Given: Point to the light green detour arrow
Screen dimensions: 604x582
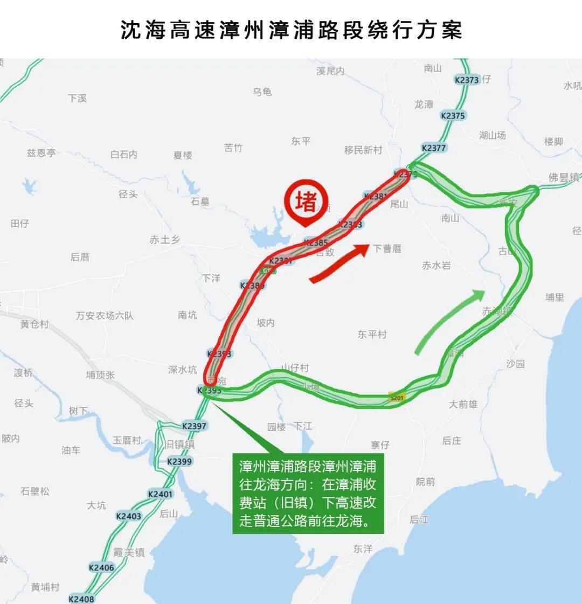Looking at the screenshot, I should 449,321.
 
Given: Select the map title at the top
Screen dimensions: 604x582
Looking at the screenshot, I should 291,30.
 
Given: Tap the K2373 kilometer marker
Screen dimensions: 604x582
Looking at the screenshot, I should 467,80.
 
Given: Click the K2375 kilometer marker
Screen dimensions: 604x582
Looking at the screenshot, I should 453,115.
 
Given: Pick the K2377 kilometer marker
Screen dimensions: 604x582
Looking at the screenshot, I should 434,148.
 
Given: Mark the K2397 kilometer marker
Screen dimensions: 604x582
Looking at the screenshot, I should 194,426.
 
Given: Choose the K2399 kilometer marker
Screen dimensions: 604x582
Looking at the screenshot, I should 179,461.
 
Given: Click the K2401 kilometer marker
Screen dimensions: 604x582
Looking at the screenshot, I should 161,494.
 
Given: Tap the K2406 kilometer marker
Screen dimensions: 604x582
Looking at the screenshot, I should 101,567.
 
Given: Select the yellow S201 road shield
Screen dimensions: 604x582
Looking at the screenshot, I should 396,398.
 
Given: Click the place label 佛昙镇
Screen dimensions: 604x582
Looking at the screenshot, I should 564,177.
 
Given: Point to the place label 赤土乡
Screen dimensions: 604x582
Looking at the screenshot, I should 164,240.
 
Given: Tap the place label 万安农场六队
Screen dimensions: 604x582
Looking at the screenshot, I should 104,315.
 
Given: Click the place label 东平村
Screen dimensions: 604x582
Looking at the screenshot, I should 372,335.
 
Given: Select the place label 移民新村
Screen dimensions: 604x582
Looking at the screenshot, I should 363,150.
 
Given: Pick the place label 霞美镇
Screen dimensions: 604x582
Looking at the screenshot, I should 129,552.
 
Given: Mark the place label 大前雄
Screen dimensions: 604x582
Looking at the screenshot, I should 463,404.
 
